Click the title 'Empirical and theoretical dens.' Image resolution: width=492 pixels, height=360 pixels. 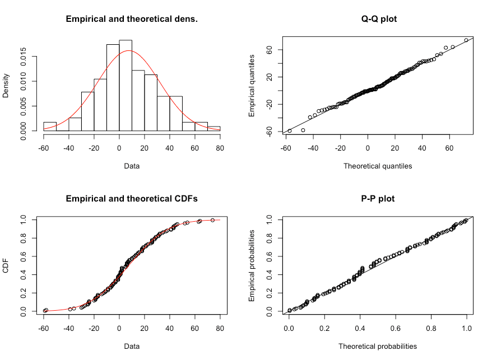click(132, 19)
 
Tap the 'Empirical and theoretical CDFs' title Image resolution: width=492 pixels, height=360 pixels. click(132, 198)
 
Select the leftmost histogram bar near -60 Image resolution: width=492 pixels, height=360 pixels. click(50, 126)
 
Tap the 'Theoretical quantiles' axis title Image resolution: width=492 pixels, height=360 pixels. click(378, 166)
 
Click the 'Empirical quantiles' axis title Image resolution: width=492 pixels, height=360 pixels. click(252, 85)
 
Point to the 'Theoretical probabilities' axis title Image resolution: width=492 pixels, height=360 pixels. click(378, 346)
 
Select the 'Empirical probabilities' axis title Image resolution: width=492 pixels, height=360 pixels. click(252, 265)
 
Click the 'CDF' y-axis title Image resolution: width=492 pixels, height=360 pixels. click(6, 265)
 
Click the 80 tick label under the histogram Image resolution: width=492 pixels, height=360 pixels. click(220, 148)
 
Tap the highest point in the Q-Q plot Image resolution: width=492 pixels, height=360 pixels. click(466, 40)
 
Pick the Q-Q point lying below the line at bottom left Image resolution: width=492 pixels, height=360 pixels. click(303, 130)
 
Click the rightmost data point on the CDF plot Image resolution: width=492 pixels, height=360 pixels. click(213, 220)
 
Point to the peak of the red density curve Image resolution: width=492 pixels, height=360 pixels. click(129, 50)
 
